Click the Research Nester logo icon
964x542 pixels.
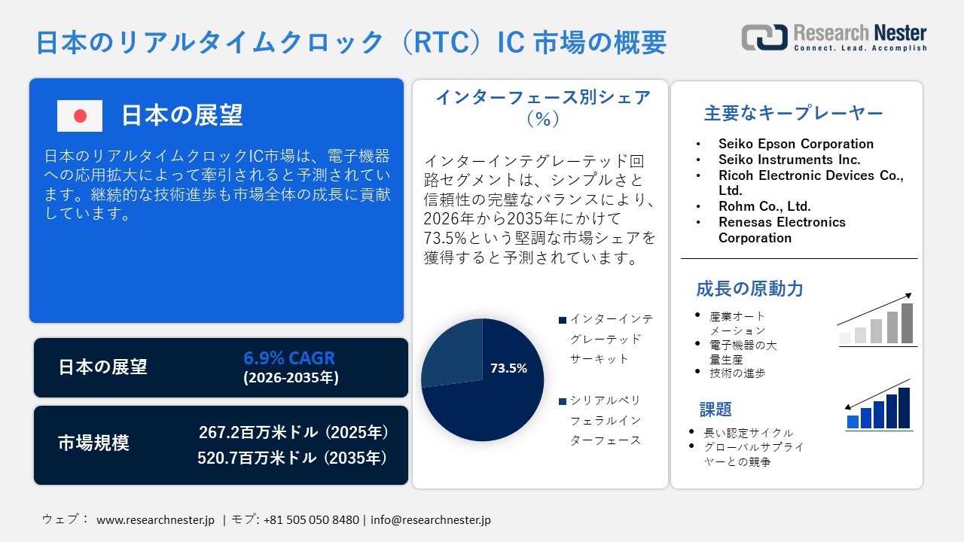tap(764, 37)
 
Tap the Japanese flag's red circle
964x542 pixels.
tap(80, 116)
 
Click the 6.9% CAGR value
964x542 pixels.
tap(289, 358)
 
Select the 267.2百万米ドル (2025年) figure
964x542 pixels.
tap(294, 432)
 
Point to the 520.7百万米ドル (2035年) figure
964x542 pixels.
tap(294, 457)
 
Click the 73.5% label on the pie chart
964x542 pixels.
tap(508, 368)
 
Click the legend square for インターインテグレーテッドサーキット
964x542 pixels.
tap(562, 320)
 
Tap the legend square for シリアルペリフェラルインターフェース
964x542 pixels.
tap(562, 401)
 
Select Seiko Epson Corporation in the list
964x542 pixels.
tap(796, 144)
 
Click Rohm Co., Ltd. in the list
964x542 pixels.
tap(764, 206)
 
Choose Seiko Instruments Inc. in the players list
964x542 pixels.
tap(789, 160)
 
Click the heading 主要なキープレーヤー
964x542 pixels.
tap(794, 114)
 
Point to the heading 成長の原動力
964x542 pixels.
tap(749, 288)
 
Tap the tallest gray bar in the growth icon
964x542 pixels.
tap(907, 323)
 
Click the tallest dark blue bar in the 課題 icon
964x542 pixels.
tap(904, 408)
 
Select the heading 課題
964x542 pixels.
tap(715, 410)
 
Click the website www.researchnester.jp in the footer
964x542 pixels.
tap(156, 519)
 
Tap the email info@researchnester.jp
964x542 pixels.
tap(431, 519)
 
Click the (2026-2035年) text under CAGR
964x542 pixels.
tap(291, 378)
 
